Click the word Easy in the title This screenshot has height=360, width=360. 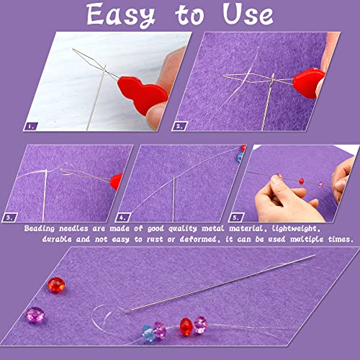(120, 15)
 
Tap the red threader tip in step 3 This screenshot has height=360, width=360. (115, 177)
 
